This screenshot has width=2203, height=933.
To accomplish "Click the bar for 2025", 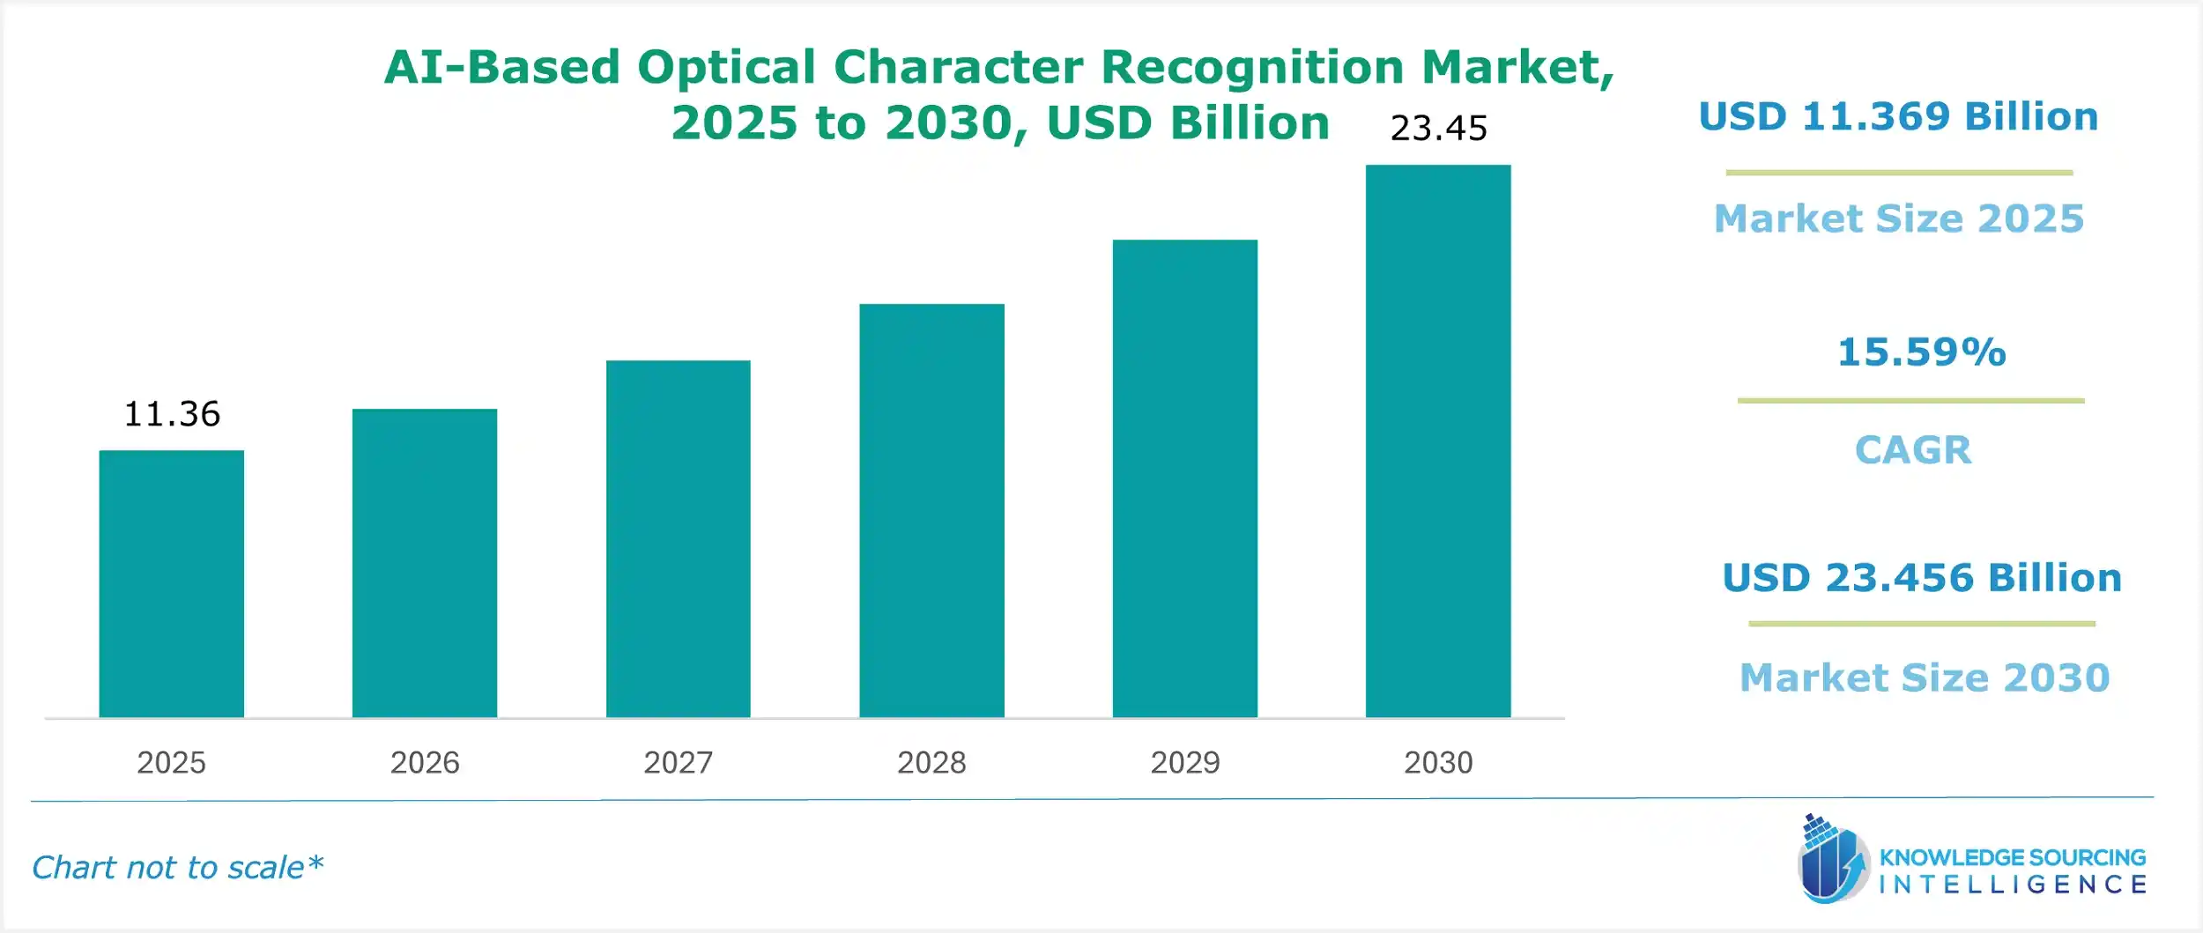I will click(x=171, y=584).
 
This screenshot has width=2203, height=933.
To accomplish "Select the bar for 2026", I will click(x=425, y=564).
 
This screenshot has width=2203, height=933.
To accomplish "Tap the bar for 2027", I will click(x=678, y=539).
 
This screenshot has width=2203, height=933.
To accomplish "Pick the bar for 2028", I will click(x=931, y=511).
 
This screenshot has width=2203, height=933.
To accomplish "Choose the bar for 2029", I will click(x=1184, y=478).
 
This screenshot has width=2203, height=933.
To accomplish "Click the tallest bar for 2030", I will click(x=1438, y=441).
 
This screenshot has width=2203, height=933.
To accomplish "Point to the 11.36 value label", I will click(x=172, y=414).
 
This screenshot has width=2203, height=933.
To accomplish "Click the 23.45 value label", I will click(x=1438, y=129).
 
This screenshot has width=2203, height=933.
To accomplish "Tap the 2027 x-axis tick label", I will click(x=678, y=762).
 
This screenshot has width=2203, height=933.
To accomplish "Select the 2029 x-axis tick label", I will click(x=1184, y=762).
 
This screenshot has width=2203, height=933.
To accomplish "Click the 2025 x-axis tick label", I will click(x=171, y=762).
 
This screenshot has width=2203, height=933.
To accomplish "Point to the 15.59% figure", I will click(x=1921, y=352).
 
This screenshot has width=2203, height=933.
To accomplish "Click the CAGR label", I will click(x=1912, y=450).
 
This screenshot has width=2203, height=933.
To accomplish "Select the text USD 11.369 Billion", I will click(x=1898, y=117).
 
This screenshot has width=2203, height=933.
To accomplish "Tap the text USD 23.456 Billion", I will click(x=1921, y=578).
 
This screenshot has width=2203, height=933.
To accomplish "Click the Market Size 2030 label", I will click(x=1925, y=678).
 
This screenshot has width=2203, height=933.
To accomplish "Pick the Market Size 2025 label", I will click(x=1898, y=218).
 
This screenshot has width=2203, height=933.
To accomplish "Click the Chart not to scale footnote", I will click(x=177, y=868).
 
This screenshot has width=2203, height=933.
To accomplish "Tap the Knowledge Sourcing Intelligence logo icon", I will click(x=1831, y=860).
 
